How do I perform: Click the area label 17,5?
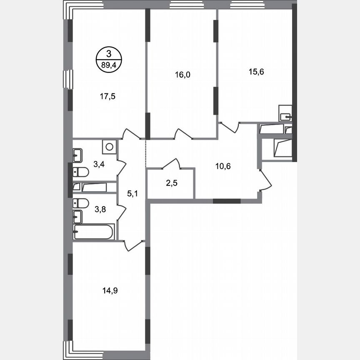pos(107,96)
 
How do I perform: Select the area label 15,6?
pos(257,71)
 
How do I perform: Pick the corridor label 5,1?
pos(132,193)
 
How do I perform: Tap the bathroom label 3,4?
pos(99,164)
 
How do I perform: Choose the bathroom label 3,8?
pos(100,210)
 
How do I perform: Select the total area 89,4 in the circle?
pos(109,65)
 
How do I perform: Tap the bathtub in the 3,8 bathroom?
pos(94,232)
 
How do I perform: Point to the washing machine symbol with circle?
pos(109,147)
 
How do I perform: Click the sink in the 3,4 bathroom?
pos(78,156)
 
